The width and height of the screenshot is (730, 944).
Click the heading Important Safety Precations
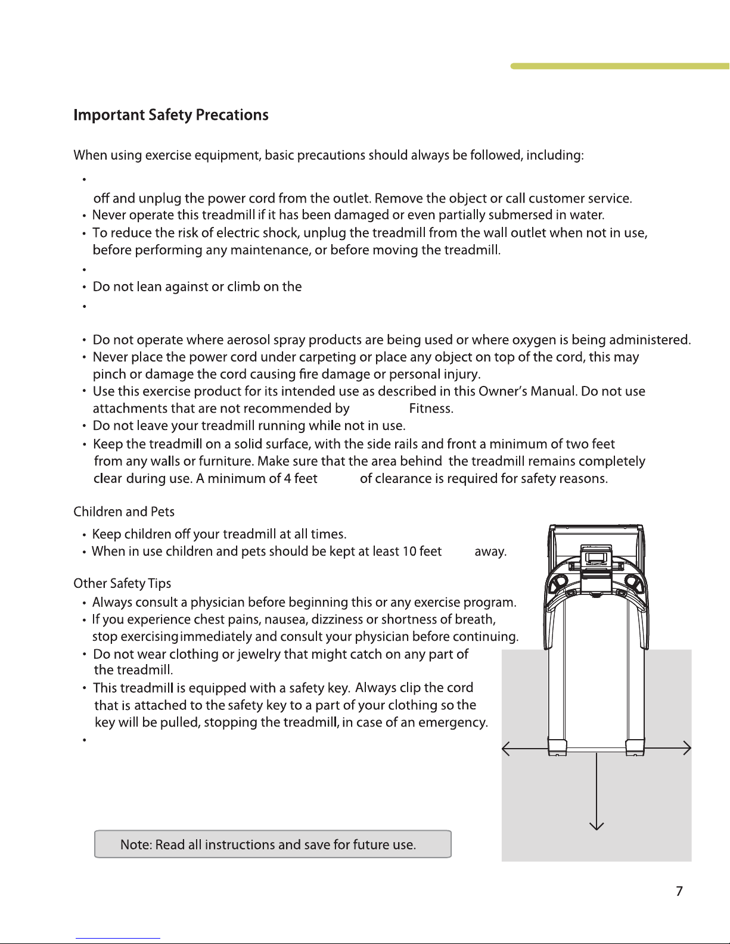click(x=170, y=115)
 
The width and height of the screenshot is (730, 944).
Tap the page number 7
click(x=679, y=891)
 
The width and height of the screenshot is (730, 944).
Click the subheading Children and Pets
click(x=124, y=512)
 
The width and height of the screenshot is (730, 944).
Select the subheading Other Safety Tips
click(x=122, y=583)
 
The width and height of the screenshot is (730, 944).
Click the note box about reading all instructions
click(x=272, y=845)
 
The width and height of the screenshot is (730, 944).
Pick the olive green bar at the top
click(x=620, y=66)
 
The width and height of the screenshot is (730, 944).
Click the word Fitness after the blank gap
click(x=431, y=409)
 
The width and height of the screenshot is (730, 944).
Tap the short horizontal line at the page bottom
click(x=117, y=938)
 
